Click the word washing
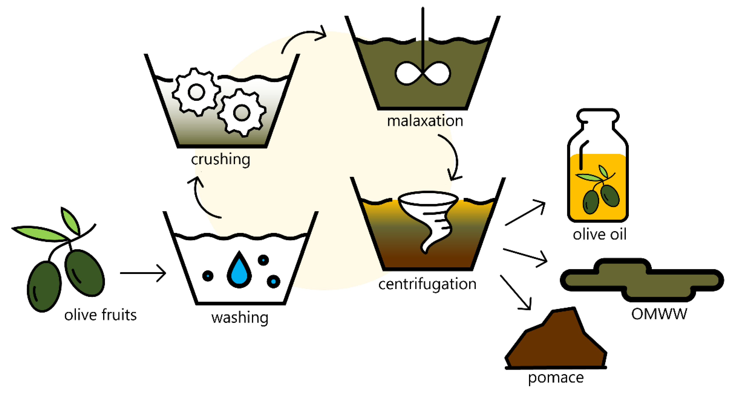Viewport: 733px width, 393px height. pyautogui.click(x=240, y=318)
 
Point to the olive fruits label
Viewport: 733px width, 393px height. pyautogui.click(x=100, y=315)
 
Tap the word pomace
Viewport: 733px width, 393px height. pyautogui.click(x=556, y=378)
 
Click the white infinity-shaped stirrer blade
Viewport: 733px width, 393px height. pyautogui.click(x=423, y=73)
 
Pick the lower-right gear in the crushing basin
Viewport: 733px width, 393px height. pyautogui.click(x=242, y=113)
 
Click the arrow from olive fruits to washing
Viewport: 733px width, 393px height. pyautogui.click(x=143, y=273)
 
